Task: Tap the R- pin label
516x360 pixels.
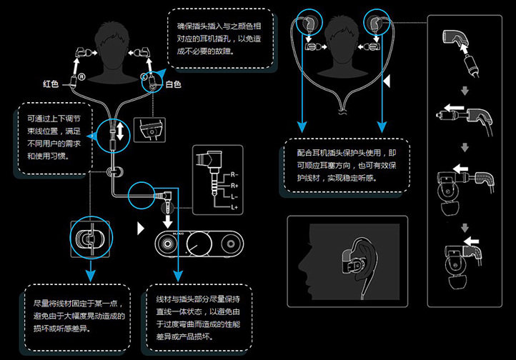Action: tap(235, 174)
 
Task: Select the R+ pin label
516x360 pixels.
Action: tap(235, 184)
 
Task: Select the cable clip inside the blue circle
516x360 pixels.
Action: tap(91, 239)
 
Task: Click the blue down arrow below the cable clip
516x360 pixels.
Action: tap(91, 274)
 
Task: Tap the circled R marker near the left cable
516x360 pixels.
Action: tap(82, 76)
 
